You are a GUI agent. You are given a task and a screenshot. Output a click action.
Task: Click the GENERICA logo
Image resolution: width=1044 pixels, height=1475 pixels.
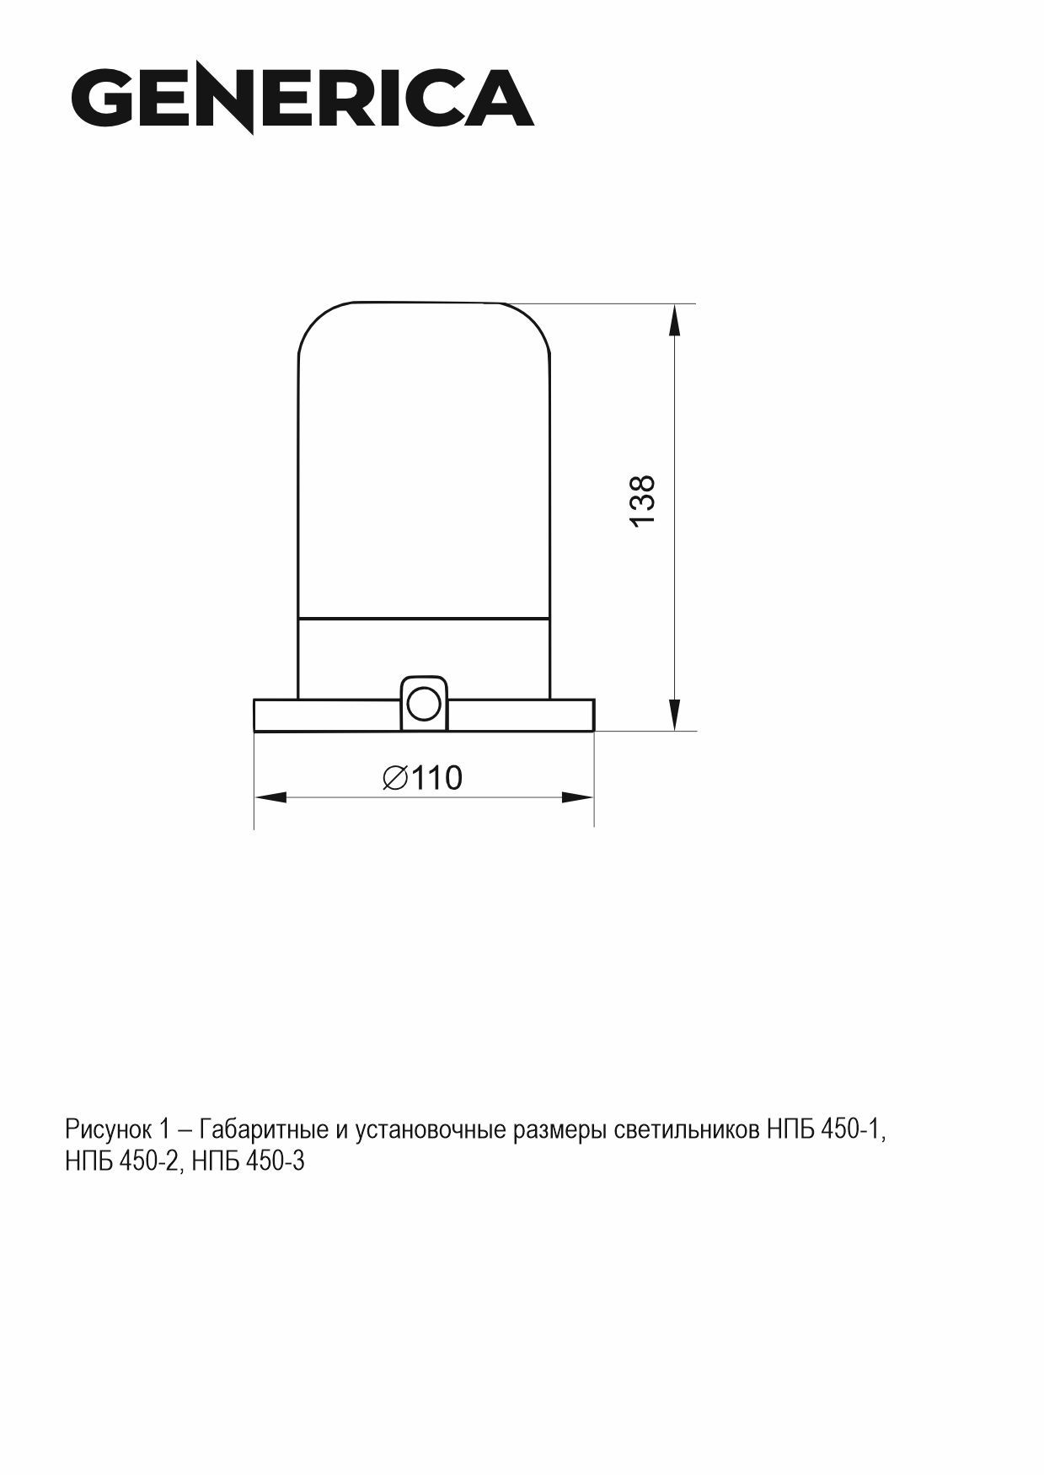coord(302,99)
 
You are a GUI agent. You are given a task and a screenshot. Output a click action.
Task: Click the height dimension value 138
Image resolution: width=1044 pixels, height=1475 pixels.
coord(643,501)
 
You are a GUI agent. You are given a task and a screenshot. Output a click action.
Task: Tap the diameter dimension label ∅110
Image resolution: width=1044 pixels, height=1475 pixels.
coord(422,777)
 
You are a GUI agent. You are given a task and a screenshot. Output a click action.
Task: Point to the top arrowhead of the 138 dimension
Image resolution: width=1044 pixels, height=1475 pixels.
coord(674,321)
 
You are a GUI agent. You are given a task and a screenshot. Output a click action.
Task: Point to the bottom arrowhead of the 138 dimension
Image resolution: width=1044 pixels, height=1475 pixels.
coord(674,713)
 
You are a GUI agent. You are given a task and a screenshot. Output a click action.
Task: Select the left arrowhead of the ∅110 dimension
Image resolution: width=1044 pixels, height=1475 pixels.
coord(271,796)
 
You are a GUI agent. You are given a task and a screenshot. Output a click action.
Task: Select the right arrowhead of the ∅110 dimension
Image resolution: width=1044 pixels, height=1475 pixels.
coord(577,796)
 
